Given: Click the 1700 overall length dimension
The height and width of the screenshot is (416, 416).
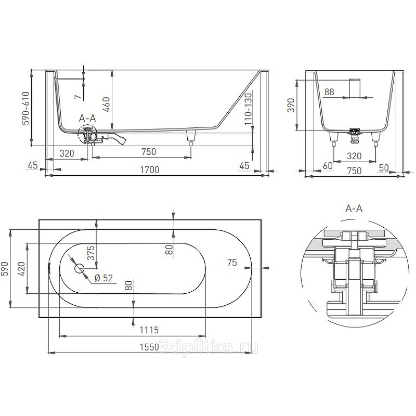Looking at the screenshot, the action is (149, 170).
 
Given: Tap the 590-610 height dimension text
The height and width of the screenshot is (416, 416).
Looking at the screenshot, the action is (26, 108).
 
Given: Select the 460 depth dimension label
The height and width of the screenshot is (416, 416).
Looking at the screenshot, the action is (106, 105).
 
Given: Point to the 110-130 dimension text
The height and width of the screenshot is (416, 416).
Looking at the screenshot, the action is (248, 109).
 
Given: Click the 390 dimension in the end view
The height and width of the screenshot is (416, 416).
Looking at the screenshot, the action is (291, 106).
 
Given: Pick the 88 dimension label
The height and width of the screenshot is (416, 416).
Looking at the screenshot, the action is (329, 92).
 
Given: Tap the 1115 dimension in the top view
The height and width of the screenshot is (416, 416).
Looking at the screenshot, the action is (149, 330).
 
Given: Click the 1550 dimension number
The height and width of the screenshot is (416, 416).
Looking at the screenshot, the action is (149, 347).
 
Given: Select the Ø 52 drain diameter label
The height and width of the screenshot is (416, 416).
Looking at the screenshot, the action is (103, 278).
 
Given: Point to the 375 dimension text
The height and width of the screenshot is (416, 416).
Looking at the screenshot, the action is (90, 253).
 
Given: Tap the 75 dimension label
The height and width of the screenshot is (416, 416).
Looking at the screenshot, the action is (232, 263).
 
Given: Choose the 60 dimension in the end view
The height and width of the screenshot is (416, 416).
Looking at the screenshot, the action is (328, 165).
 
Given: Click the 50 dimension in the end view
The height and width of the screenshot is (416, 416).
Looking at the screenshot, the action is (384, 167).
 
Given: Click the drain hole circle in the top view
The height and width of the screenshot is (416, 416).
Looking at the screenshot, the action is (80, 268).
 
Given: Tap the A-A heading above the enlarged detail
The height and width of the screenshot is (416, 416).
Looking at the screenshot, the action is (354, 209).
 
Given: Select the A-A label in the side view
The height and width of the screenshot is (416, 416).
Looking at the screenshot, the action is (87, 118).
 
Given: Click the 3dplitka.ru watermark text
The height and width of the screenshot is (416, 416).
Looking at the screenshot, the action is (208, 348).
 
